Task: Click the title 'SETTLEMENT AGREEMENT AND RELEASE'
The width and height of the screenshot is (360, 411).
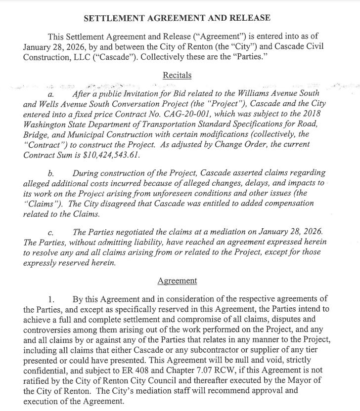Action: click(177, 18)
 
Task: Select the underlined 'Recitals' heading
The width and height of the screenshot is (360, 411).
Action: click(177, 76)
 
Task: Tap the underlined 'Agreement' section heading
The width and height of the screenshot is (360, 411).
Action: click(177, 281)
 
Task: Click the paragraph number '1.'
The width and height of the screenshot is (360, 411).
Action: click(58, 299)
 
